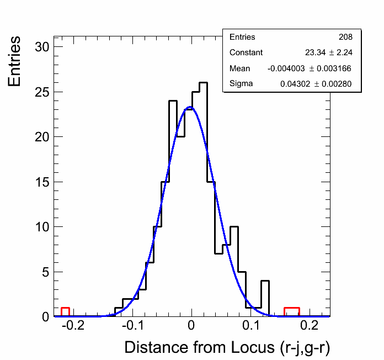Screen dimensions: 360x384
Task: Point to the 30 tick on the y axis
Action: click(x=42, y=47)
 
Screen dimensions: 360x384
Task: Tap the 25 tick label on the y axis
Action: click(x=42, y=92)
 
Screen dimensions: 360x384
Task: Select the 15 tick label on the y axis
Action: click(x=42, y=182)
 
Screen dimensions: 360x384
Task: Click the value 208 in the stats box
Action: click(x=345, y=37)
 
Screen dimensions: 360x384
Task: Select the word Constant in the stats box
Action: click(x=246, y=52)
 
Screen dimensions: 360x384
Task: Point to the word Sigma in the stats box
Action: click(x=241, y=84)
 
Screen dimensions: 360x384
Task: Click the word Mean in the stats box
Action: click(x=239, y=68)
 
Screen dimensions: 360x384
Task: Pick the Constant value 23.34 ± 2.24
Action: click(x=328, y=52)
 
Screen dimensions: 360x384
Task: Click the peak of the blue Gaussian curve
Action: click(x=190, y=107)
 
